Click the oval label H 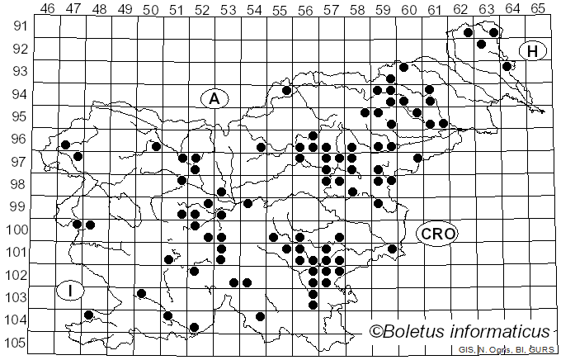(533, 52)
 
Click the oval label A (214, 99)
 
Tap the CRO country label (436, 234)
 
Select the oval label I (71, 291)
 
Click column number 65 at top (538, 9)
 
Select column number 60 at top (408, 9)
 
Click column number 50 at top (151, 9)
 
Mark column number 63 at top (486, 9)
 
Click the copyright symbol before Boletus (375, 332)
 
